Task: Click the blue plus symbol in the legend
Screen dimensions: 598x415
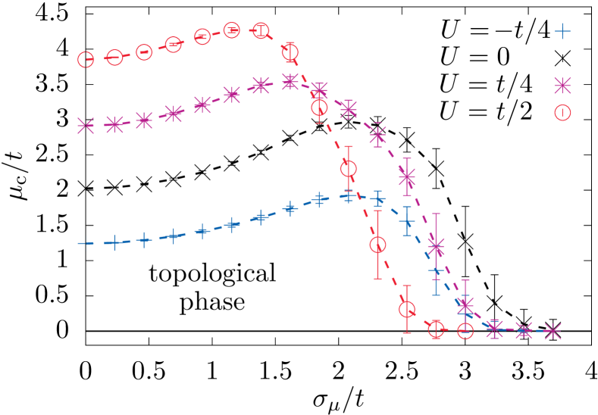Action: point(562,31)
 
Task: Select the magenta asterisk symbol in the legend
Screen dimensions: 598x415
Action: point(562,85)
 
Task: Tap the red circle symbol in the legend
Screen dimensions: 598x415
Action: point(562,113)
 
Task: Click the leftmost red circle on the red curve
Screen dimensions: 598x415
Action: point(86,59)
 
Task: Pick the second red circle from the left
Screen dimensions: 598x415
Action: point(114,57)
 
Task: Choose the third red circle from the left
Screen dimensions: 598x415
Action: point(144,52)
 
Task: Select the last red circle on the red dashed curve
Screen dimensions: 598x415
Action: point(465,330)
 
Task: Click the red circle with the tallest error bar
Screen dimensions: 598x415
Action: point(377,245)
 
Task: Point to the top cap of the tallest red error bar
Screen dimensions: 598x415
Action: point(377,211)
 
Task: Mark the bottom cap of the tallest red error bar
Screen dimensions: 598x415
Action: point(377,279)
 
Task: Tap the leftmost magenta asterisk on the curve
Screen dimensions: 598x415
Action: point(86,125)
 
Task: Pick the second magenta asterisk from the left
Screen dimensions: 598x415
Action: point(114,124)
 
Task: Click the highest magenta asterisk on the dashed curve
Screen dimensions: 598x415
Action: point(290,81)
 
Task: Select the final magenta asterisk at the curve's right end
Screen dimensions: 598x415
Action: point(553,331)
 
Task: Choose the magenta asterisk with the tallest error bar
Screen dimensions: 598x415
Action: point(436,246)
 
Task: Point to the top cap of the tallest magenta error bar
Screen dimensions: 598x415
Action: point(436,214)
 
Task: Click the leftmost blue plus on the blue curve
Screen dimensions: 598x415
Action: point(114,242)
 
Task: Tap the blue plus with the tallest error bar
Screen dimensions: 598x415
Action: point(436,270)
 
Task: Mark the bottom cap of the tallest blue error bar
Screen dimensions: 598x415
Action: point(436,295)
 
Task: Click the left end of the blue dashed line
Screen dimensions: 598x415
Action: point(78,243)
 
